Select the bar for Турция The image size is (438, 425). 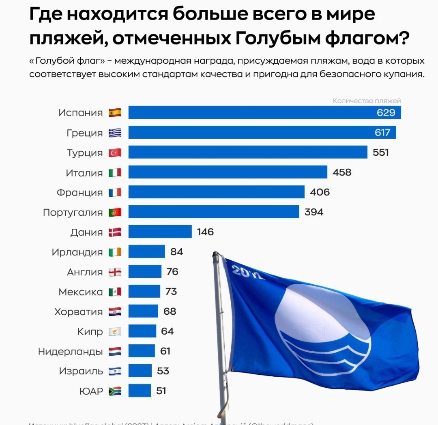(247, 152)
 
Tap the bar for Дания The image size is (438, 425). (160, 232)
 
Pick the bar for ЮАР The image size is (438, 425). (140, 391)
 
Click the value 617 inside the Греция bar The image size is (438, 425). (382, 133)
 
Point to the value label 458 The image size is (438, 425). (342, 172)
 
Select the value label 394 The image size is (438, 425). (314, 212)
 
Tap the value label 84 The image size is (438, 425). (176, 252)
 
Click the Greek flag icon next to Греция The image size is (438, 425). (115, 133)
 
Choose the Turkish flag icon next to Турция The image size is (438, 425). (115, 152)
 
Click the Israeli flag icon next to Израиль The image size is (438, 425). (115, 371)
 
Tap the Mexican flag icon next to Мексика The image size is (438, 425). (115, 292)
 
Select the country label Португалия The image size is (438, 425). (73, 212)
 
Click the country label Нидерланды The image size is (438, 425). (71, 351)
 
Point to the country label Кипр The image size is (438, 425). (90, 332)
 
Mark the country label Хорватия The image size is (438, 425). (79, 312)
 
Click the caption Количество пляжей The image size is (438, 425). (367, 101)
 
